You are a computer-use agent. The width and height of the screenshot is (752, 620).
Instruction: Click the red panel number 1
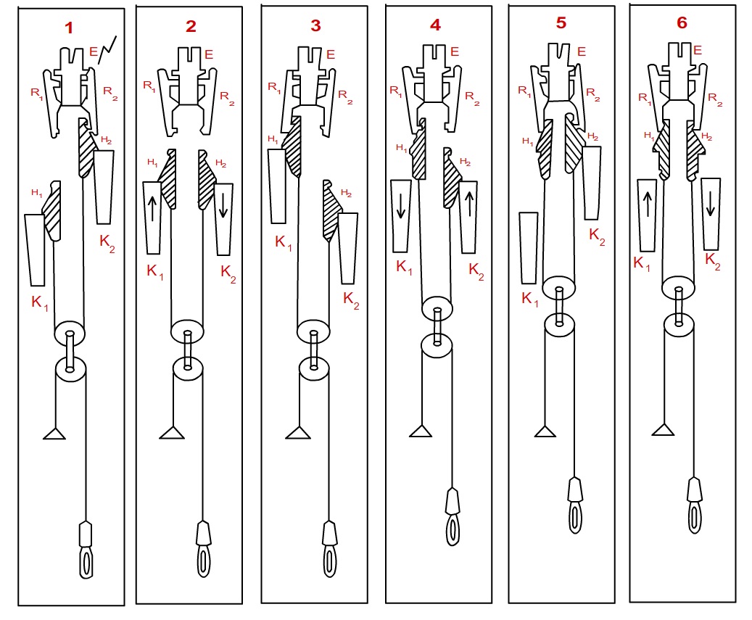(x=69, y=28)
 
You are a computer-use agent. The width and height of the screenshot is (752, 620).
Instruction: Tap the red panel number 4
(x=436, y=25)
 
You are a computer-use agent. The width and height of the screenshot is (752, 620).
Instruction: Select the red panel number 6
(x=682, y=22)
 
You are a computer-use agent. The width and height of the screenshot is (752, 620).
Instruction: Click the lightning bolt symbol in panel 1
(x=107, y=50)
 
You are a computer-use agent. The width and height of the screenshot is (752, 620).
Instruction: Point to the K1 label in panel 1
(x=40, y=302)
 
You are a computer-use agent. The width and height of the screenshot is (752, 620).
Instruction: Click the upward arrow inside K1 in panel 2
(x=152, y=208)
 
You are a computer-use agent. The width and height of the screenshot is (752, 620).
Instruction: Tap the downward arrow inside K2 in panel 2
(x=223, y=205)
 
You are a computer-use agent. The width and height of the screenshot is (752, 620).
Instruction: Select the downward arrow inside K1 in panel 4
(x=401, y=206)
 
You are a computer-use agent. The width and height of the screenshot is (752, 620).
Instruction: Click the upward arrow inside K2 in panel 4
(x=469, y=204)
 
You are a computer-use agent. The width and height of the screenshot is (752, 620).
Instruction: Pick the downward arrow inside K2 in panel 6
(x=710, y=203)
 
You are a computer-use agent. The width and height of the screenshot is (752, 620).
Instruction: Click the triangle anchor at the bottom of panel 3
(x=298, y=433)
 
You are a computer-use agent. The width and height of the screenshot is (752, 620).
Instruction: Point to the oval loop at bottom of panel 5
(x=575, y=517)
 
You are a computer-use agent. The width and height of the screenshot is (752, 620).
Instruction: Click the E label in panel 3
(x=331, y=54)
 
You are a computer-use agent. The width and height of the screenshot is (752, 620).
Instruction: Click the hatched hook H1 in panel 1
(x=51, y=210)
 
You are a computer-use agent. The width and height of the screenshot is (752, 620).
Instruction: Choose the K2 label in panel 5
(x=597, y=236)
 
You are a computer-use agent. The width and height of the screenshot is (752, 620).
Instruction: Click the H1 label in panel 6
(x=649, y=136)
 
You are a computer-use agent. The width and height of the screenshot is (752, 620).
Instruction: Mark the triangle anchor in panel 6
(x=664, y=429)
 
